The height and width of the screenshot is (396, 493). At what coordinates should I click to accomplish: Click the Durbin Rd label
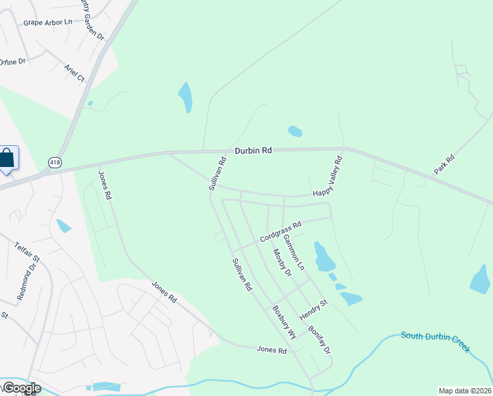tap(253, 150)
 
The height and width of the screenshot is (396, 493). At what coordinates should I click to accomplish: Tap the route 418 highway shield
tap(54, 162)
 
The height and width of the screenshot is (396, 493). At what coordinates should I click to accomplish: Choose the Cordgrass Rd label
tap(280, 231)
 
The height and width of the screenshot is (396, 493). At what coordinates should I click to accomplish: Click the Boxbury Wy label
tap(285, 323)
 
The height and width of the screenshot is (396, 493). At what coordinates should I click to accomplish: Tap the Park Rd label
tap(444, 164)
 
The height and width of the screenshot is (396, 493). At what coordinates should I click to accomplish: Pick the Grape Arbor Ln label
tap(47, 22)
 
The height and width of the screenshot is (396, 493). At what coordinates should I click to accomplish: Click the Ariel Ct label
tap(74, 73)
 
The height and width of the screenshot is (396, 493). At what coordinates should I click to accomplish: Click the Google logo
tap(21, 388)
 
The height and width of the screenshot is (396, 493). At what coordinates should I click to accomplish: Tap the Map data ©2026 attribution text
tap(465, 391)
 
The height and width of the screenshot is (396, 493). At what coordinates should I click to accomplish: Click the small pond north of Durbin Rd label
tap(295, 131)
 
